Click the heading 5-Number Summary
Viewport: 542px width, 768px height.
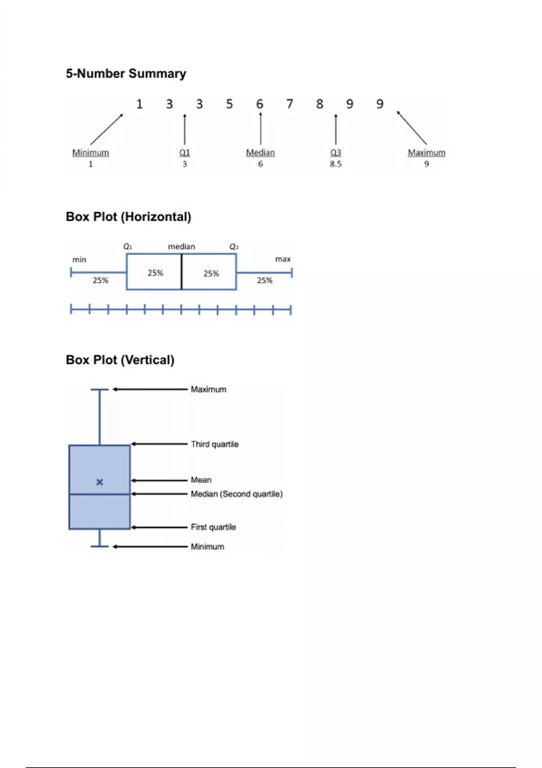[x=126, y=74]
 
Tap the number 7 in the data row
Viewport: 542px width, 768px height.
[x=290, y=104]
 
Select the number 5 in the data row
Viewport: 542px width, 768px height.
[x=229, y=104]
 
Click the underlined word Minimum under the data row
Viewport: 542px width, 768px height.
[x=90, y=153]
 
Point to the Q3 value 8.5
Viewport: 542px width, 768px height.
[x=336, y=164]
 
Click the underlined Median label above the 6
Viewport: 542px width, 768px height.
[x=260, y=153]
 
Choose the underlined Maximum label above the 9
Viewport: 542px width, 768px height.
[x=426, y=153]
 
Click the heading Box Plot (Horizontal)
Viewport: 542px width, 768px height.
[x=129, y=217]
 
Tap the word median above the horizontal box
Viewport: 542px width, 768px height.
[x=182, y=247]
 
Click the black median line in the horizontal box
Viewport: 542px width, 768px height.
[x=182, y=272]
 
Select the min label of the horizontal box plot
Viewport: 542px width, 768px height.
[x=79, y=260]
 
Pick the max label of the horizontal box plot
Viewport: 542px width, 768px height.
[x=283, y=259]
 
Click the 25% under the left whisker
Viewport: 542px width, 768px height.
[x=100, y=281]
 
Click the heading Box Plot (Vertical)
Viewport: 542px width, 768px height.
[x=120, y=360]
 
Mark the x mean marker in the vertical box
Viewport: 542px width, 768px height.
[x=100, y=482]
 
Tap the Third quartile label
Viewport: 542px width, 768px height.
[x=215, y=444]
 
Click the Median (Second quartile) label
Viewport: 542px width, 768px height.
[x=237, y=494]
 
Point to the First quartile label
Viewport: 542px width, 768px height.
[x=213, y=527]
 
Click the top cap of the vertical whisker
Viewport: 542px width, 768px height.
[x=100, y=389]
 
